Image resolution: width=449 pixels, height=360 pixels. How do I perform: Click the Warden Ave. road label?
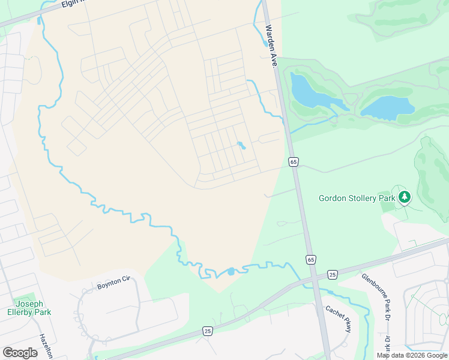click(x=271, y=47)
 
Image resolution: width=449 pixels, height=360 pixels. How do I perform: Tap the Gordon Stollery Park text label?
click(x=357, y=198)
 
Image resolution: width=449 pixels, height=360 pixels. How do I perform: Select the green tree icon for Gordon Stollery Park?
click(x=405, y=197)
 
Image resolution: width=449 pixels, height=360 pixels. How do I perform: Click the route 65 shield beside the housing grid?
click(x=293, y=162)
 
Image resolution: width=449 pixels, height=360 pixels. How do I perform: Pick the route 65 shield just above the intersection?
click(x=310, y=260)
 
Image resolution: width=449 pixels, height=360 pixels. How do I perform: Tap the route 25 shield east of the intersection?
click(x=332, y=274)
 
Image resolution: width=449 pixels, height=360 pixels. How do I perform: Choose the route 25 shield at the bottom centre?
click(x=207, y=331)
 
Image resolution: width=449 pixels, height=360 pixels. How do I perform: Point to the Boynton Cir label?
click(x=113, y=283)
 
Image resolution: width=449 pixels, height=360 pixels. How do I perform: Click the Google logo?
click(x=20, y=352)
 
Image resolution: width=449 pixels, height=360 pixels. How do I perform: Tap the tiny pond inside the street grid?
click(x=241, y=145)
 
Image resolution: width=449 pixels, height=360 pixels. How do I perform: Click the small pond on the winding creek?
click(x=231, y=271)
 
